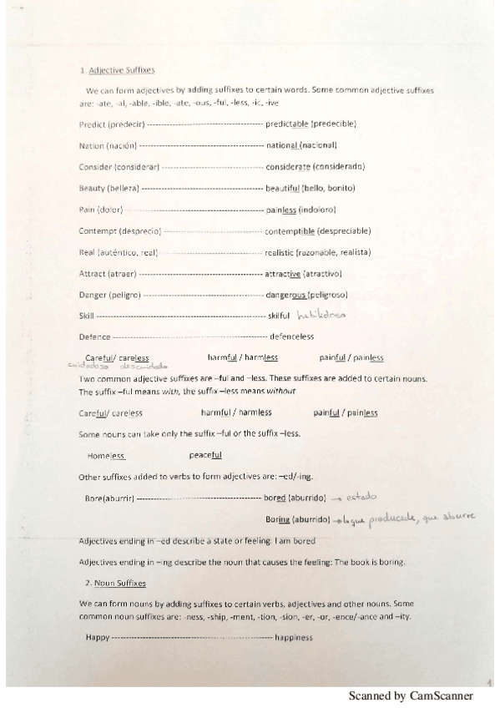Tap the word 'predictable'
tap(287, 124)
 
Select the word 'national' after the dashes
tap(282, 144)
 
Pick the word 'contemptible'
tap(289, 230)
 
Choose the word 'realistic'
tap(281, 252)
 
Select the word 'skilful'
tap(279, 316)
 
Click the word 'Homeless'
tap(106, 455)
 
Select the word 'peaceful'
tap(205, 455)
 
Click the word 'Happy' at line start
tap(98, 637)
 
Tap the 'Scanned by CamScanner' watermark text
tap(410, 695)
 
